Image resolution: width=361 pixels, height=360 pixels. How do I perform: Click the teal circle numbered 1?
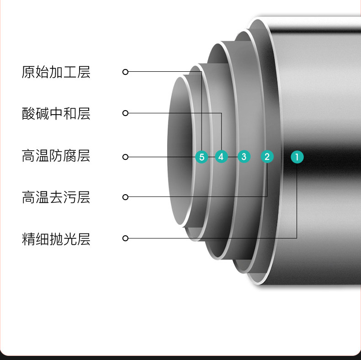297,157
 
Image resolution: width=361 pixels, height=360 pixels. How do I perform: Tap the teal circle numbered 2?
267,157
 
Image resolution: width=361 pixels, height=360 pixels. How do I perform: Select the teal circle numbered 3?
244,157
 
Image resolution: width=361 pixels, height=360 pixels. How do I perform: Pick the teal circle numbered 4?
221,157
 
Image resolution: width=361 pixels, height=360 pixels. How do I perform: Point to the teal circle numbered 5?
202,157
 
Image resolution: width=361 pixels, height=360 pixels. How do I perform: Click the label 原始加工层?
56,72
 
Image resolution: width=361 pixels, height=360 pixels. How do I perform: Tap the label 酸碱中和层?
56,113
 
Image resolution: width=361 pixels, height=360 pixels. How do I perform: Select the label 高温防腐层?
56,156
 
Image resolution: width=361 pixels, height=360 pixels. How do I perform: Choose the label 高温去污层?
56,197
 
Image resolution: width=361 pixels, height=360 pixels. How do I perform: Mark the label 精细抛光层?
56,239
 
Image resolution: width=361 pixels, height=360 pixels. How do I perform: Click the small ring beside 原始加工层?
126,72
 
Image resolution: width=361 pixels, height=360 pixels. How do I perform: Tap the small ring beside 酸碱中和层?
126,113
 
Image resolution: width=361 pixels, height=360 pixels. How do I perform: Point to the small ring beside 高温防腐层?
126,157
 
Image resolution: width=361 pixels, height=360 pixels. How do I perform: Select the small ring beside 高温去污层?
126,197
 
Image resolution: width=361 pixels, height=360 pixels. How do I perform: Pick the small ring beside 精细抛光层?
126,238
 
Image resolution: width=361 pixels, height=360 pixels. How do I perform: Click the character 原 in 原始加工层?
28,72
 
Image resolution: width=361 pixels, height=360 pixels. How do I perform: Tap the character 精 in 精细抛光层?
28,239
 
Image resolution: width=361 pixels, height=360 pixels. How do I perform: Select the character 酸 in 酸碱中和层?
28,113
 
